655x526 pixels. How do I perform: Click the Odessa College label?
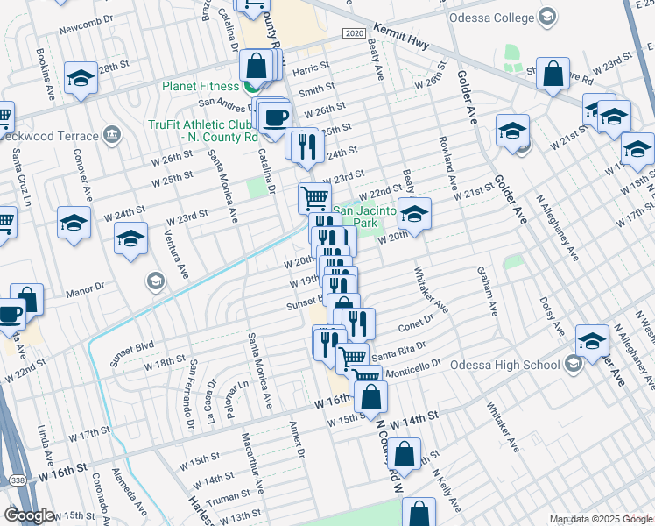click(x=490, y=18)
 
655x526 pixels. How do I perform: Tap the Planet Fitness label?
click(x=200, y=86)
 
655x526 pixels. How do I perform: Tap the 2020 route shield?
click(x=354, y=32)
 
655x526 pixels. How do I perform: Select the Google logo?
click(x=30, y=515)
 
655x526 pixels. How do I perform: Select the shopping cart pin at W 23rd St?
click(x=313, y=197)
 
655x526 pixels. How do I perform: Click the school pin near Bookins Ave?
click(x=80, y=77)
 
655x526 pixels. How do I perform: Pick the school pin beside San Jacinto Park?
click(x=414, y=212)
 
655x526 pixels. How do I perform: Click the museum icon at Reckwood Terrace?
click(x=111, y=135)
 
